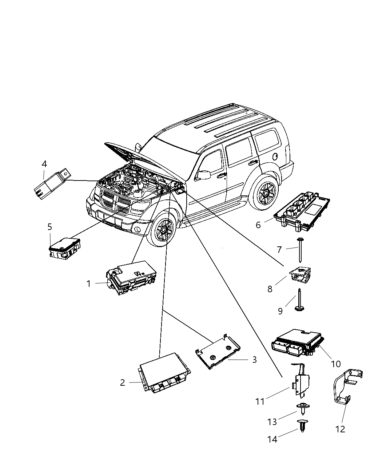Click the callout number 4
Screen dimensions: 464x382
(x=44, y=164)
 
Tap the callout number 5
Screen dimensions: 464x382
(x=49, y=227)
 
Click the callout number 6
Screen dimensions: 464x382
(x=258, y=225)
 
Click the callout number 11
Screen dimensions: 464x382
(x=260, y=401)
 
